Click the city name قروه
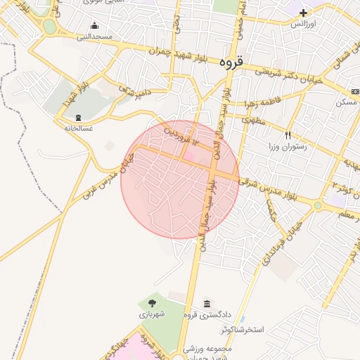pyautogui.click(x=230, y=62)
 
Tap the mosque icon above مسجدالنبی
pyautogui.click(x=94, y=26)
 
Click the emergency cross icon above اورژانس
pyautogui.click(x=303, y=13)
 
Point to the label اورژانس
pyautogui.click(x=303, y=23)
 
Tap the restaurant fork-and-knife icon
pyautogui.click(x=288, y=135)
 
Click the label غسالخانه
pyautogui.click(x=78, y=128)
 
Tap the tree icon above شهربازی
pyautogui.click(x=153, y=304)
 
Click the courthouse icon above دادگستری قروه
pyautogui.click(x=207, y=304)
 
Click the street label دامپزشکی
pyautogui.click(x=134, y=91)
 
